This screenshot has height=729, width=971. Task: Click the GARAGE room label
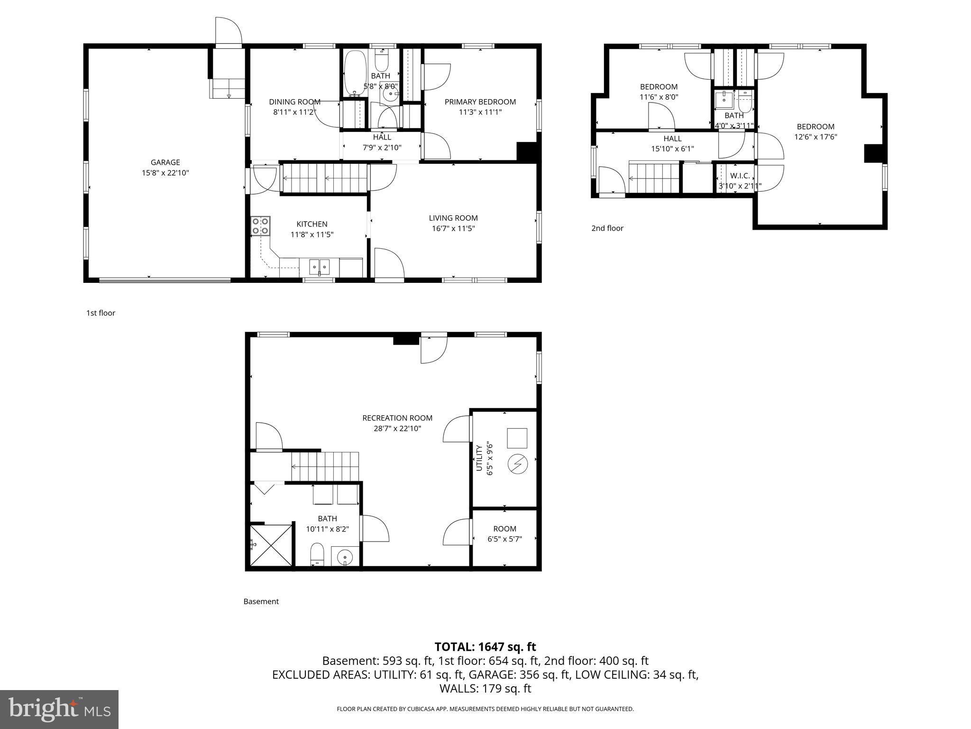click(165, 163)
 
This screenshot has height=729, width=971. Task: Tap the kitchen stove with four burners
click(260, 226)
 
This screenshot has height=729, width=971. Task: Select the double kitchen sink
click(320, 267)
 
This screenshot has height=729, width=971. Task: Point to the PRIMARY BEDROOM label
click(480, 102)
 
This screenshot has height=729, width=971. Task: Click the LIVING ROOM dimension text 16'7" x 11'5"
click(453, 228)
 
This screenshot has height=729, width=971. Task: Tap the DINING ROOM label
click(294, 102)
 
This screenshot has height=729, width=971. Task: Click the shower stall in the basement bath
click(271, 545)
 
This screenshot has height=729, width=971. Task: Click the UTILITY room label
click(479, 458)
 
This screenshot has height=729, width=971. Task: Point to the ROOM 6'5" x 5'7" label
click(504, 533)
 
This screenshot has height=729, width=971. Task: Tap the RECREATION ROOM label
click(397, 418)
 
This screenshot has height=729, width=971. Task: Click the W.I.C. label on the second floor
click(740, 176)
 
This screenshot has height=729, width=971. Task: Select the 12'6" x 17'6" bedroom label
click(815, 131)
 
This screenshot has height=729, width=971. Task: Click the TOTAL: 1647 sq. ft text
click(485, 647)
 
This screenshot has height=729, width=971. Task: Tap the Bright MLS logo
click(59, 709)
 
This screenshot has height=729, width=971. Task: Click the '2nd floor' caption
click(607, 228)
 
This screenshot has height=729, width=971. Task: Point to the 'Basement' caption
click(261, 601)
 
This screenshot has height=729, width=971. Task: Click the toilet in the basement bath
click(317, 555)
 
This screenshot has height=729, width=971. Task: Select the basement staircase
click(325, 467)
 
